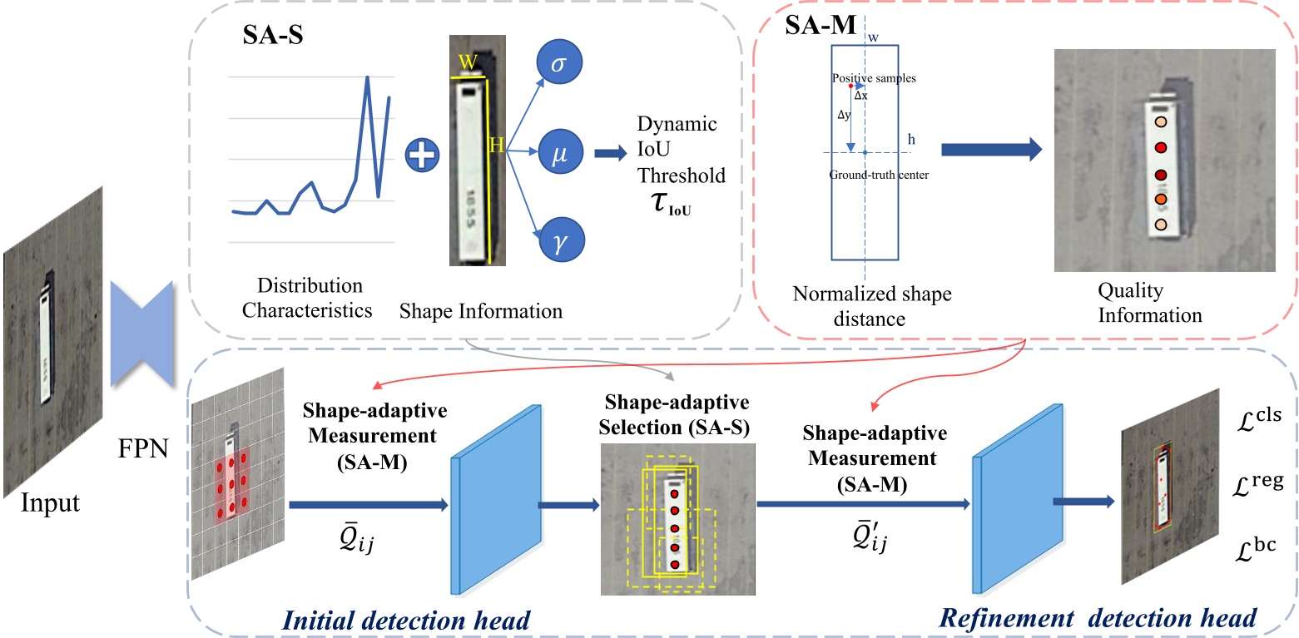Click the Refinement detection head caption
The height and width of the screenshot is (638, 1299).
[x=1097, y=617]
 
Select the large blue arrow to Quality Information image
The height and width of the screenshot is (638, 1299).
[x=991, y=150]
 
